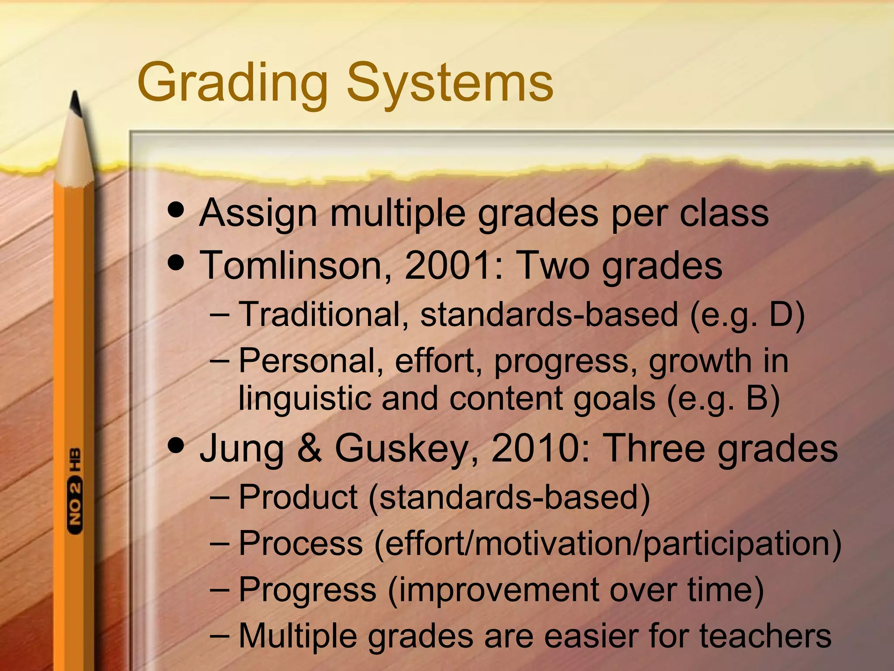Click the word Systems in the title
(450, 83)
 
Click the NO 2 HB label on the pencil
(75, 490)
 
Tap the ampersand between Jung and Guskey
(309, 448)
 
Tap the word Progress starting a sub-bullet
(307, 590)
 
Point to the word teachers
(766, 636)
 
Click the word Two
(553, 265)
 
